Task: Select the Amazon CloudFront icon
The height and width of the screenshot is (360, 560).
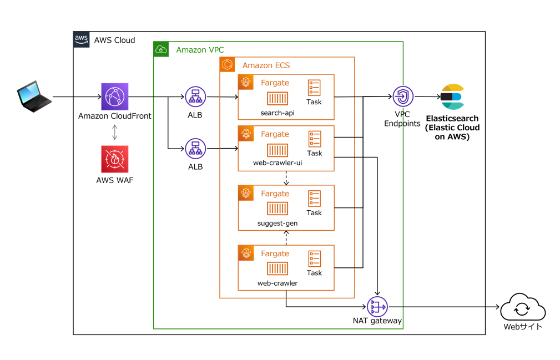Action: coord(115,97)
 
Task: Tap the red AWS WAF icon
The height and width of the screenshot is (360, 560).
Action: coord(115,159)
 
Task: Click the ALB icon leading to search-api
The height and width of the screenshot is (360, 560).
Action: coord(195,97)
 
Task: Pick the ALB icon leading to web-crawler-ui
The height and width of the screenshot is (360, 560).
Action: coord(195,148)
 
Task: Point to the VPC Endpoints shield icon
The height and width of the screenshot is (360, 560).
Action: coord(403,97)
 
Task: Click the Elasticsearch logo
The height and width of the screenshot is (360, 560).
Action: coord(452,97)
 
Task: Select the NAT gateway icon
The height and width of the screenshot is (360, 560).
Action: coord(377,306)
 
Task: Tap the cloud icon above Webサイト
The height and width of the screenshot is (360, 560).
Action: coord(523,307)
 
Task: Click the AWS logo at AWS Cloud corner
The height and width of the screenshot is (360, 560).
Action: coord(81,39)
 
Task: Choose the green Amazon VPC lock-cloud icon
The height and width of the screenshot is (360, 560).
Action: coord(161,49)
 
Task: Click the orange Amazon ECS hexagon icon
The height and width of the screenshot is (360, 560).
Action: coord(227,64)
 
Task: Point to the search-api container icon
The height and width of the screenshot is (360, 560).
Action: coord(278,99)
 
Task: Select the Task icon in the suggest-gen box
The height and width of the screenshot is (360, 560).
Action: coord(314,199)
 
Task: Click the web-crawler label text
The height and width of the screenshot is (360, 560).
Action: coord(278,283)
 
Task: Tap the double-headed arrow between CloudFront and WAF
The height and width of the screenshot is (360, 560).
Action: coord(115,131)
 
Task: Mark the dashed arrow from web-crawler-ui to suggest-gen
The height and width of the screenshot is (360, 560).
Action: coord(286,178)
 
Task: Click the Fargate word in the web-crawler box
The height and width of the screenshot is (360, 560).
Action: coord(275,253)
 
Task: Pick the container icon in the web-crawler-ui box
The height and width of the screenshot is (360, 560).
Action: coord(278,150)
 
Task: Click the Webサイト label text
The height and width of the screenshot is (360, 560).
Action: coord(523,327)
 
